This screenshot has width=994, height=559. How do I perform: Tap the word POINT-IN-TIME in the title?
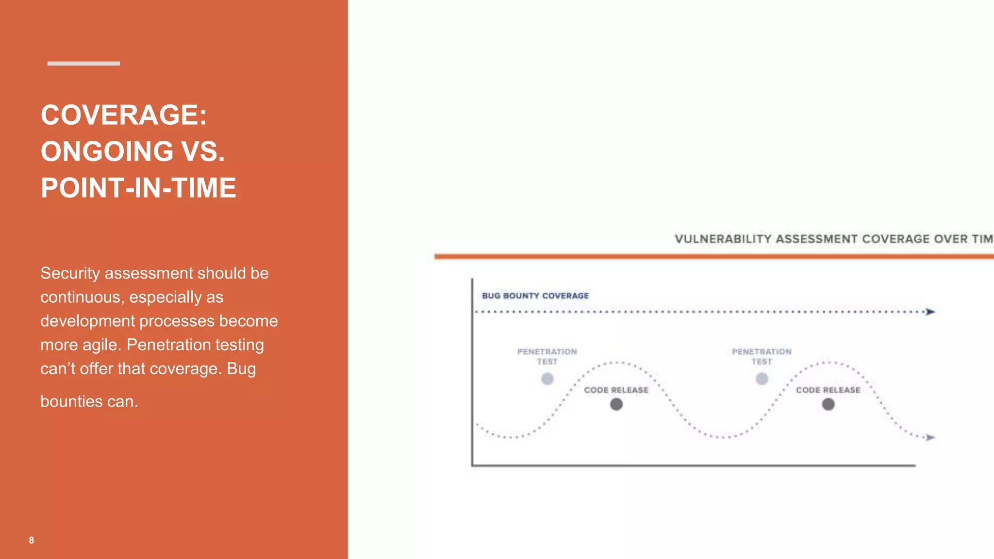(x=138, y=188)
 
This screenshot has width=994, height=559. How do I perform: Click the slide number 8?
(x=32, y=540)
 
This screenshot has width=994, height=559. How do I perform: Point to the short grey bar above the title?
(x=83, y=64)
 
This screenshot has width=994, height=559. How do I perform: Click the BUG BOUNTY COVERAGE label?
(x=535, y=296)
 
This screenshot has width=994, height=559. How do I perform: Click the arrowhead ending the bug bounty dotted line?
(x=930, y=312)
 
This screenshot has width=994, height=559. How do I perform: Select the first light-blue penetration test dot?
(x=547, y=378)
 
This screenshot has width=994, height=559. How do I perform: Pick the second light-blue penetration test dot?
(x=762, y=378)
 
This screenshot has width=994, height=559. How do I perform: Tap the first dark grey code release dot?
(x=616, y=404)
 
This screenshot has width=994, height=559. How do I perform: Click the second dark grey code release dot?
(x=828, y=404)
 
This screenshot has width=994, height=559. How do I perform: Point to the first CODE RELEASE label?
(x=616, y=390)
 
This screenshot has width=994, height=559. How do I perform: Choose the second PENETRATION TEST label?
(x=762, y=356)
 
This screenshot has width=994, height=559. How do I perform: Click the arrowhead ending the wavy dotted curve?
(x=930, y=438)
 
